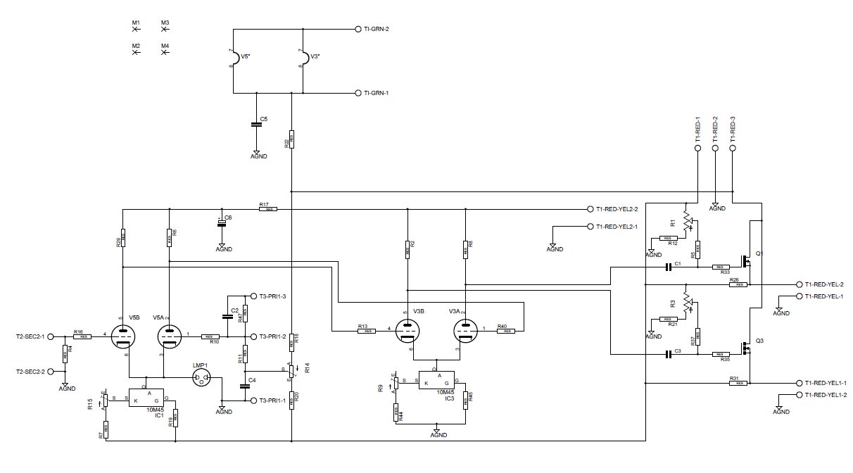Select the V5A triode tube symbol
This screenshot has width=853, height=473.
169,336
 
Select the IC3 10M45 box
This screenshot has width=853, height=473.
436,381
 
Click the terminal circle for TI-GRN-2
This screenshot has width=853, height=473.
358,30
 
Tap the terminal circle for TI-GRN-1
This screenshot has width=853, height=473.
358,92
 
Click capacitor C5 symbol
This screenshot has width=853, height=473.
256,125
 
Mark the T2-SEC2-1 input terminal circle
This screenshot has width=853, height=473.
51,336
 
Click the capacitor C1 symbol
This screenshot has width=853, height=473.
669,267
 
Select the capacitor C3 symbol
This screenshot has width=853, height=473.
669,354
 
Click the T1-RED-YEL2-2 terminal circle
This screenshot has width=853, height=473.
589,209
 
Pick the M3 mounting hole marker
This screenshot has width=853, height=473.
165,30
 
